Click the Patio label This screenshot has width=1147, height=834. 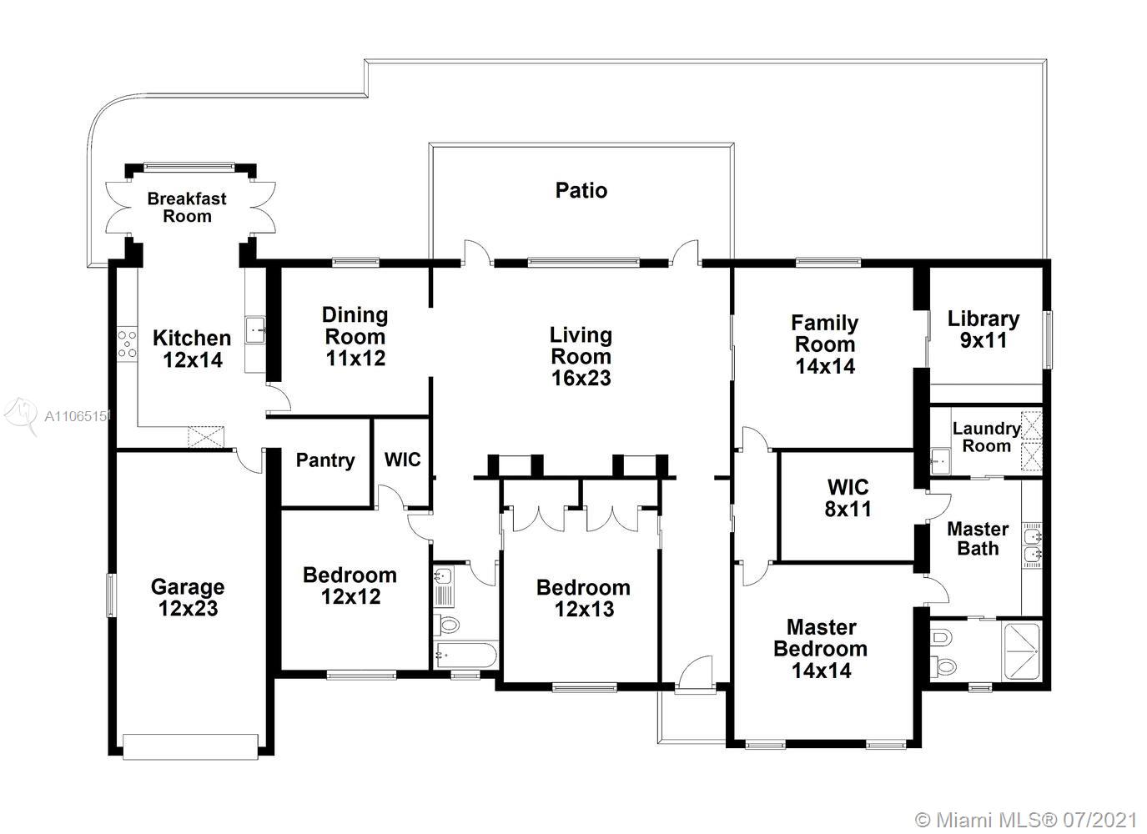[x=581, y=190]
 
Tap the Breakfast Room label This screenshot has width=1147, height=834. [x=187, y=207]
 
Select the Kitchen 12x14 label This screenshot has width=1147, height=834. [x=192, y=349]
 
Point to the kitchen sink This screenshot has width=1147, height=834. [x=255, y=329]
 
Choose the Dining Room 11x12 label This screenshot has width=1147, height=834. [x=355, y=336]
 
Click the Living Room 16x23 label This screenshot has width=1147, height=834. [x=581, y=356]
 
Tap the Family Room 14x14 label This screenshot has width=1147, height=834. [x=825, y=344]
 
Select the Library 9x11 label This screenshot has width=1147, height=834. [x=984, y=329]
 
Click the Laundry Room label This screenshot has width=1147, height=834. [x=987, y=437]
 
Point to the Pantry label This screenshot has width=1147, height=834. [x=325, y=460]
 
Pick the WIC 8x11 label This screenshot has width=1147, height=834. [x=848, y=498]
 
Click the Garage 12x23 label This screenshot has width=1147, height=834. [x=188, y=597]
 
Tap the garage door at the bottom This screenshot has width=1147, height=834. [x=190, y=747]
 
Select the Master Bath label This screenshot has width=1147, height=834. [x=978, y=539]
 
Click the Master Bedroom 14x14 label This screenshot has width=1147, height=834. [x=821, y=649]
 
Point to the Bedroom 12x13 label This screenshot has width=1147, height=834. [x=584, y=598]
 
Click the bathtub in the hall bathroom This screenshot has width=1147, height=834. [x=465, y=656]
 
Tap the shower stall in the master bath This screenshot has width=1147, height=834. [x=1022, y=651]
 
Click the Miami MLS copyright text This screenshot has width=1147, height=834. [x=1026, y=821]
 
